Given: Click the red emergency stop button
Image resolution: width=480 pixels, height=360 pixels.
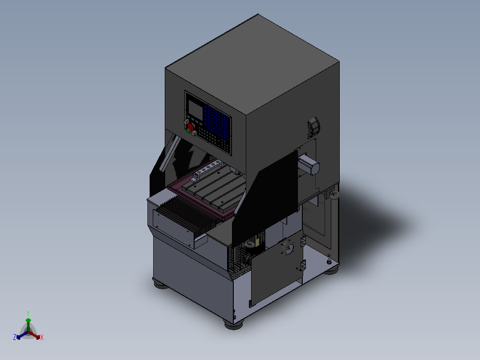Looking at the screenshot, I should click(191, 127).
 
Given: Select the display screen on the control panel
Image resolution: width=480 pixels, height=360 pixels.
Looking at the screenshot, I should click(195, 108).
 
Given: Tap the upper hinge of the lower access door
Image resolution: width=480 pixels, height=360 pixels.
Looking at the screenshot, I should click(304, 241).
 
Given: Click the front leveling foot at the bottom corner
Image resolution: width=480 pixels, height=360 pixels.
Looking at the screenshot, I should click(233, 324).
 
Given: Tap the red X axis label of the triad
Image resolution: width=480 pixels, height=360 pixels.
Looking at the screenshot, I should click(42, 338).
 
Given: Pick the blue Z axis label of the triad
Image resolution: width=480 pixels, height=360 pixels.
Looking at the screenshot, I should click(15, 337).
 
